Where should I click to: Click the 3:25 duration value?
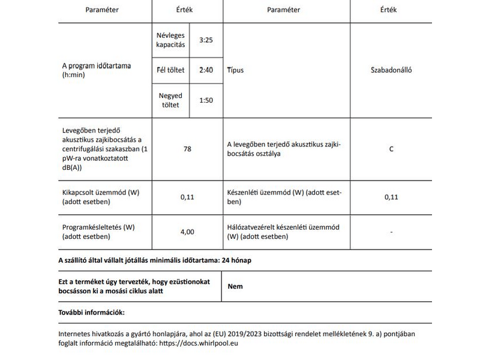click(206, 40)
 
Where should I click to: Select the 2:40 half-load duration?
click(206, 70)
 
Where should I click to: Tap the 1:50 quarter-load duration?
click(206, 100)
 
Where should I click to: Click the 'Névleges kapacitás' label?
click(170, 40)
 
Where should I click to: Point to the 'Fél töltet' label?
click(170, 70)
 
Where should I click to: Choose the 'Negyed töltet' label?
click(170, 100)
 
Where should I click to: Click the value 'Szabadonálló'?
click(391, 70)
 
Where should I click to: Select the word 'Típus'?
click(236, 70)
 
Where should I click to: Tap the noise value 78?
click(187, 149)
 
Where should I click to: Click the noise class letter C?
click(391, 149)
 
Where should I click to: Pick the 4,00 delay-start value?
click(187, 232)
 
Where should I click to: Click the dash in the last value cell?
click(391, 232)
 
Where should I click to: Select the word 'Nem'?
click(235, 286)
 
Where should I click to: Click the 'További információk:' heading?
click(91, 312)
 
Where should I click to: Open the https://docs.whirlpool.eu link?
click(205, 344)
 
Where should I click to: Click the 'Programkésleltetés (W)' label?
click(97, 227)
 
